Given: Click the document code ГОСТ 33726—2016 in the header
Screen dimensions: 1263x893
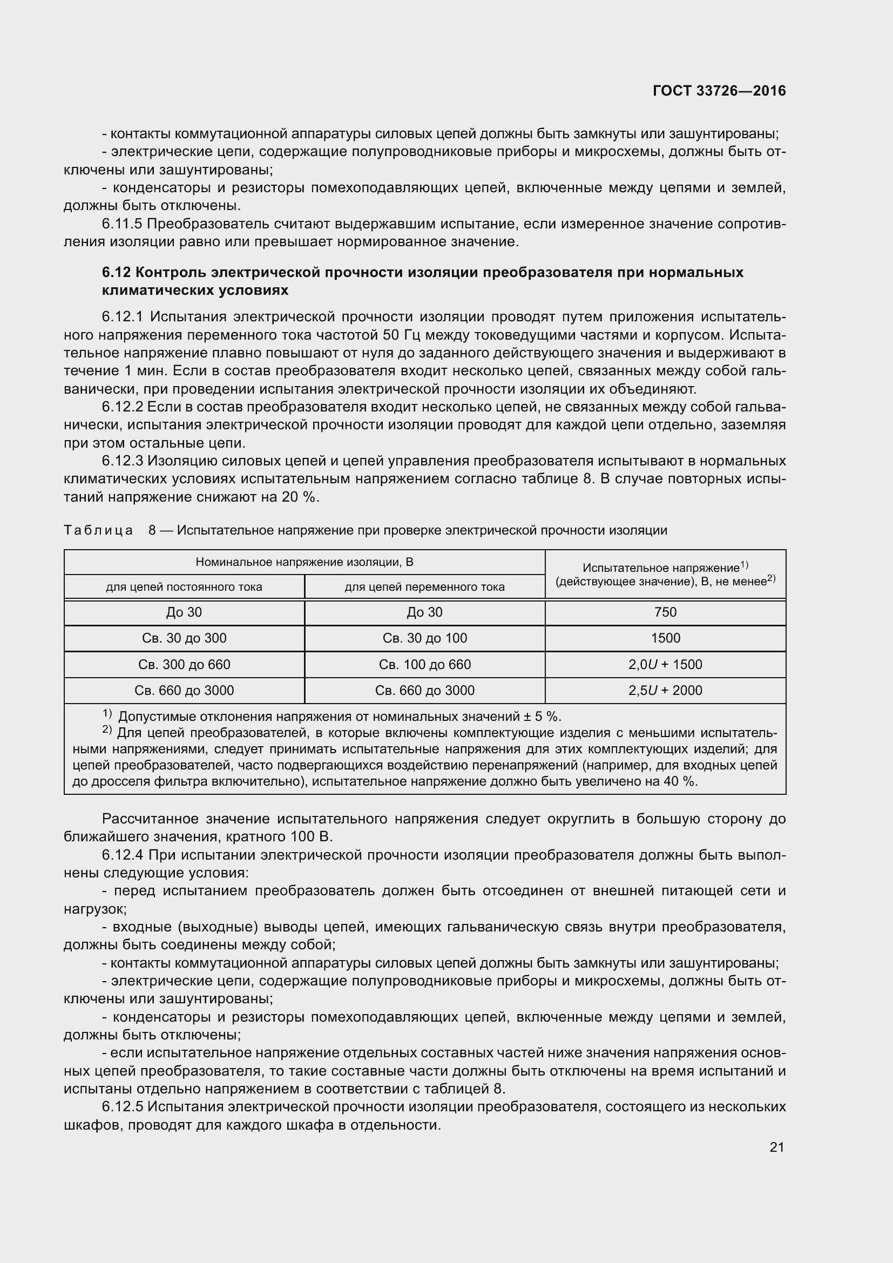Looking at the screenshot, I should pos(719,91).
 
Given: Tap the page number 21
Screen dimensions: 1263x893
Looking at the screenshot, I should pos(776,1147).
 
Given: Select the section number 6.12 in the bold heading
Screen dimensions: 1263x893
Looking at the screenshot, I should pos(116,272).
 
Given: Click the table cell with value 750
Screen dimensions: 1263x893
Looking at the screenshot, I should pos(665,612).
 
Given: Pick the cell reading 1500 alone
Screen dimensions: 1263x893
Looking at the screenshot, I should pos(665,638).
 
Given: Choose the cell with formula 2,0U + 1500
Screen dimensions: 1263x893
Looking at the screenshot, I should pos(665,665).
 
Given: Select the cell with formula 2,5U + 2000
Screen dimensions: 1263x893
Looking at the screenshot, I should pos(665,691).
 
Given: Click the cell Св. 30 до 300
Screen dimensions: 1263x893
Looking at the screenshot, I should pos(184,638).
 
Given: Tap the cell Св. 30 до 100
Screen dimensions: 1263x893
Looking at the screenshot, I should pos(424,638).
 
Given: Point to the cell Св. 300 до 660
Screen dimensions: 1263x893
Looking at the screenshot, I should pos(184,665).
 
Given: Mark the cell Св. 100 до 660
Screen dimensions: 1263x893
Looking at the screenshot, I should pos(424,665).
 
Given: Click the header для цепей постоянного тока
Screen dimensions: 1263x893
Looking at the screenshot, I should pos(184,587).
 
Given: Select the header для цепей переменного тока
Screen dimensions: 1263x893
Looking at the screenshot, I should pos(424,587).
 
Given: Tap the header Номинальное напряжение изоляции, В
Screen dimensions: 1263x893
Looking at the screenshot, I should pos(305,562).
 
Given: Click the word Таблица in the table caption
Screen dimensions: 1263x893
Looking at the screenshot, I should pos(98,530).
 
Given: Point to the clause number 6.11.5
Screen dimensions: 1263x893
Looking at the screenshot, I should pos(122,224).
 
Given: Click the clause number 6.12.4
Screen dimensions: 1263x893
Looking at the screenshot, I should pos(122,855).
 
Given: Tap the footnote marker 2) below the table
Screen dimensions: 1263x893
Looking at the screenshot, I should pos(107,731).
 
